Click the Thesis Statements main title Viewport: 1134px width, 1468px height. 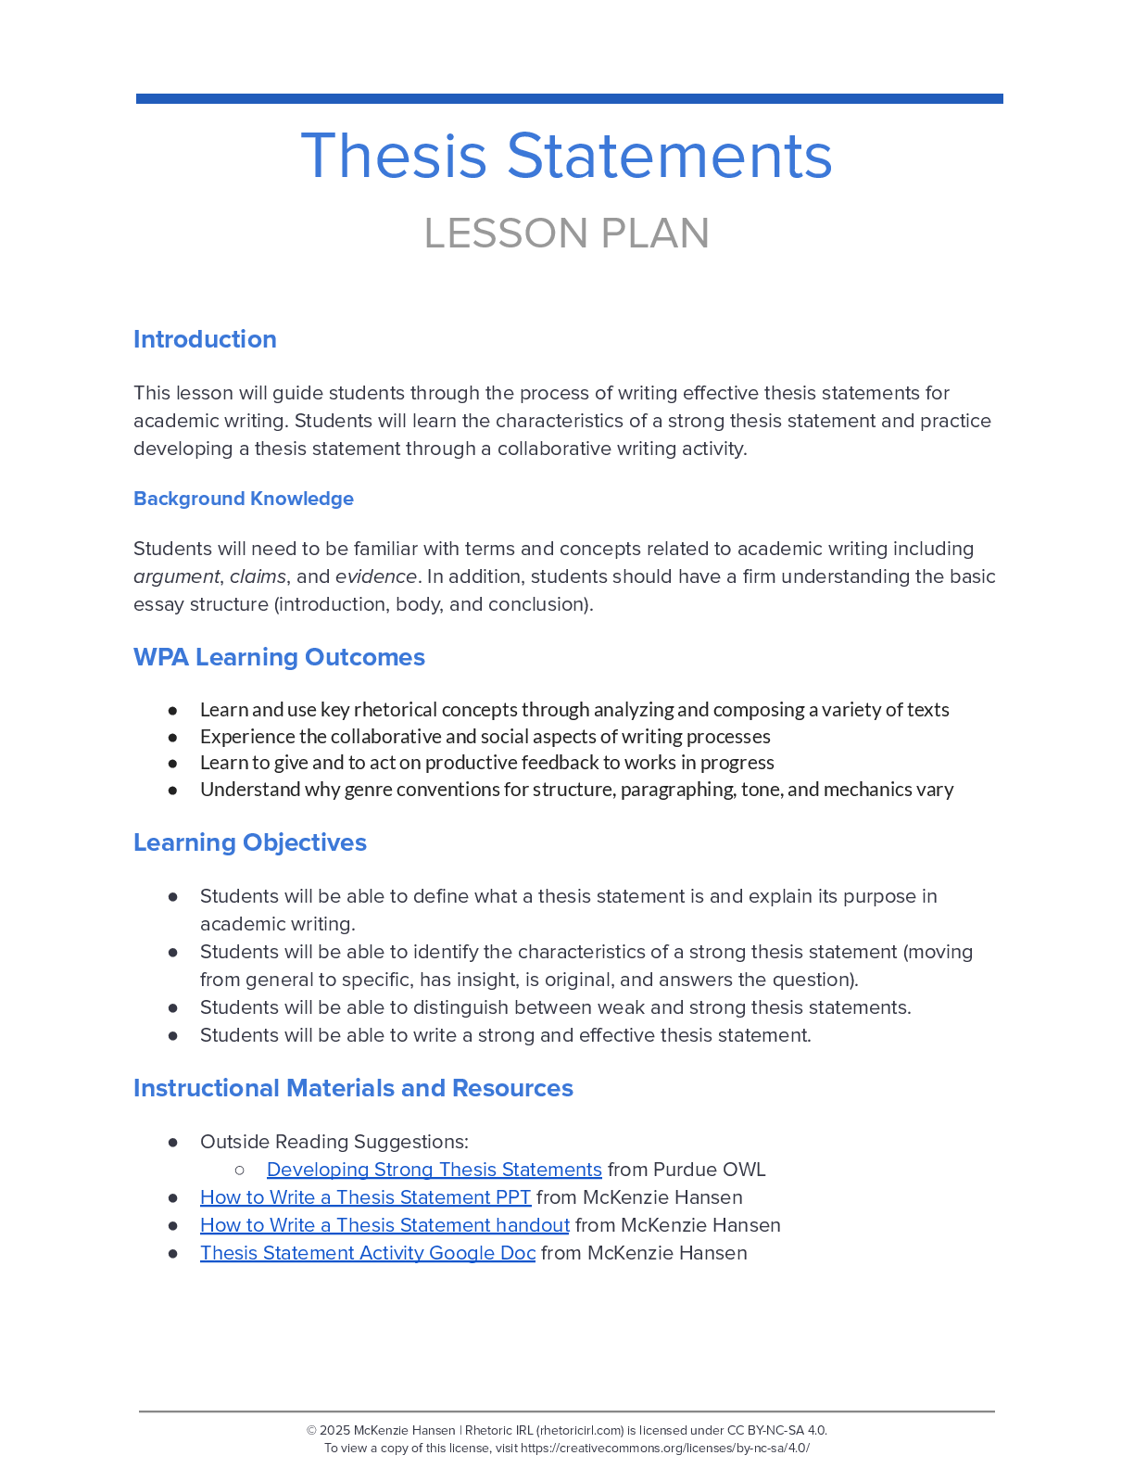tap(566, 156)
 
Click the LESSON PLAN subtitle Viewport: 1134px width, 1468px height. tap(566, 234)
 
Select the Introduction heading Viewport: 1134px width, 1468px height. tap(205, 339)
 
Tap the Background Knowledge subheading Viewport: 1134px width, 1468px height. tap(244, 499)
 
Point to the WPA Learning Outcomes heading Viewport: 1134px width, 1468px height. tap(279, 657)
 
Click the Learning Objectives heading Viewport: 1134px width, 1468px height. tap(250, 842)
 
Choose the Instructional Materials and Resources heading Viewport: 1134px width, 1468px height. tap(353, 1088)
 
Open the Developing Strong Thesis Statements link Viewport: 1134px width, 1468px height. tap(434, 1170)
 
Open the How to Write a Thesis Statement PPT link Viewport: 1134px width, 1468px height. tap(365, 1197)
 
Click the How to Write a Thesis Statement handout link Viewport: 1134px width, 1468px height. tap(384, 1225)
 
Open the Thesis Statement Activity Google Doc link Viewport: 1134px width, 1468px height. tap(368, 1253)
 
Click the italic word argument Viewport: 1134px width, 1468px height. tap(176, 576)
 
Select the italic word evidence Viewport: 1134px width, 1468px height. tap(375, 576)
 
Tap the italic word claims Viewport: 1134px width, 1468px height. tap(258, 576)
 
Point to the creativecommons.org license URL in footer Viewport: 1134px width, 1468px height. tap(664, 1448)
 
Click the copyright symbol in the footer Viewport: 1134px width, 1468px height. tap(311, 1430)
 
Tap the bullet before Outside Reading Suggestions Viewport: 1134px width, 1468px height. tap(173, 1142)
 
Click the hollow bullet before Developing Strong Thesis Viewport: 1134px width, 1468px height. tap(240, 1170)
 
